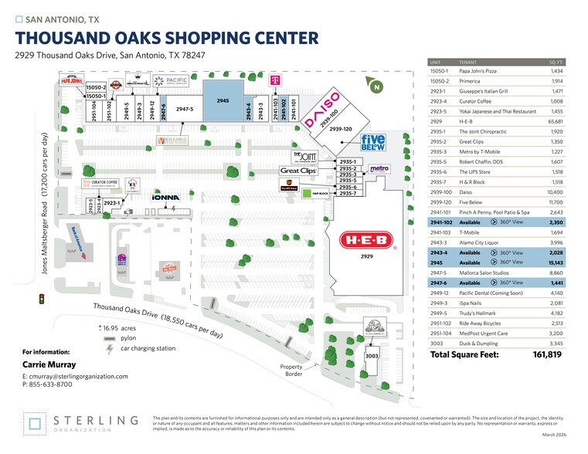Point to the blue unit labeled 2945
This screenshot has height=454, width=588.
223,101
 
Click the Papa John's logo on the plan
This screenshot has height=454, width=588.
71,81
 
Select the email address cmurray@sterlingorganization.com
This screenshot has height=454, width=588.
76,376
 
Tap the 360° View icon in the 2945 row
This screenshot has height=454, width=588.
494,263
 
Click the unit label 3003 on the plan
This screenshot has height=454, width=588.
371,357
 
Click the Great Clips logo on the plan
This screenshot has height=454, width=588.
298,171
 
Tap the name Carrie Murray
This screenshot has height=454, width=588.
49,364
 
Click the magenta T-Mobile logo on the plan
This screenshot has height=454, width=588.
274,79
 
